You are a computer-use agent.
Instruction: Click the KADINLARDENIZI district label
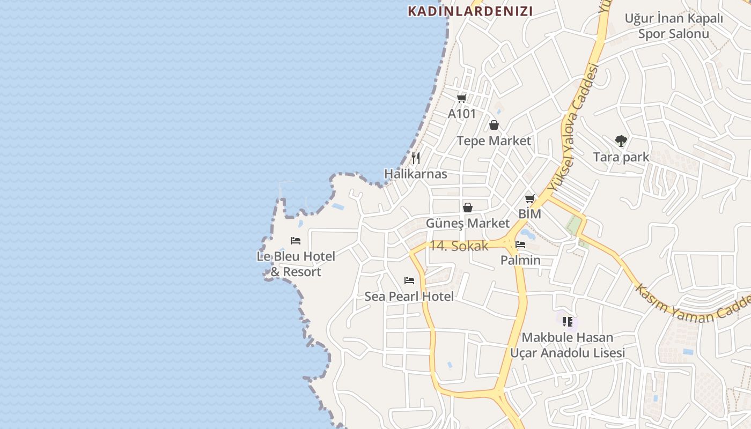click(x=470, y=11)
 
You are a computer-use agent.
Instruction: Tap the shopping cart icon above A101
click(x=461, y=98)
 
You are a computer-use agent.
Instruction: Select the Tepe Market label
click(x=494, y=141)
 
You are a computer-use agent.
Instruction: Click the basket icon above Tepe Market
click(x=494, y=125)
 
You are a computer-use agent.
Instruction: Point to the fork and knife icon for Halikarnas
click(x=416, y=158)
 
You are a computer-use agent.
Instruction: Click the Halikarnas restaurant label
click(x=416, y=174)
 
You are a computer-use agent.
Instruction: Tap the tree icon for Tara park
click(x=621, y=141)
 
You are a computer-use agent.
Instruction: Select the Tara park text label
click(x=621, y=157)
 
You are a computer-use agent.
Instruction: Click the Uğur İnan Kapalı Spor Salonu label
click(x=674, y=26)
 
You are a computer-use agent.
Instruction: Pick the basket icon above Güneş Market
click(x=468, y=208)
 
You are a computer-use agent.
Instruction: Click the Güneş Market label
click(x=468, y=223)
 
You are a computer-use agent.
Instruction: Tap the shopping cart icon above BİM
click(x=530, y=199)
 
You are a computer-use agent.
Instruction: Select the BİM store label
click(x=529, y=214)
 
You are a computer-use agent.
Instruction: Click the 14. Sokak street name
click(x=459, y=246)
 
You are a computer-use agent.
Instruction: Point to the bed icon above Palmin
click(x=520, y=245)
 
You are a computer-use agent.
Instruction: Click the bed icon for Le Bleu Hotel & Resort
click(x=296, y=241)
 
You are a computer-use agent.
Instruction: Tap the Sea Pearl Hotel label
click(x=409, y=296)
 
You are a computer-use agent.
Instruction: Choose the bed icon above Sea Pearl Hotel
click(x=409, y=280)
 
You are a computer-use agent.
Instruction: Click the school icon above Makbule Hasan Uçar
click(x=568, y=322)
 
